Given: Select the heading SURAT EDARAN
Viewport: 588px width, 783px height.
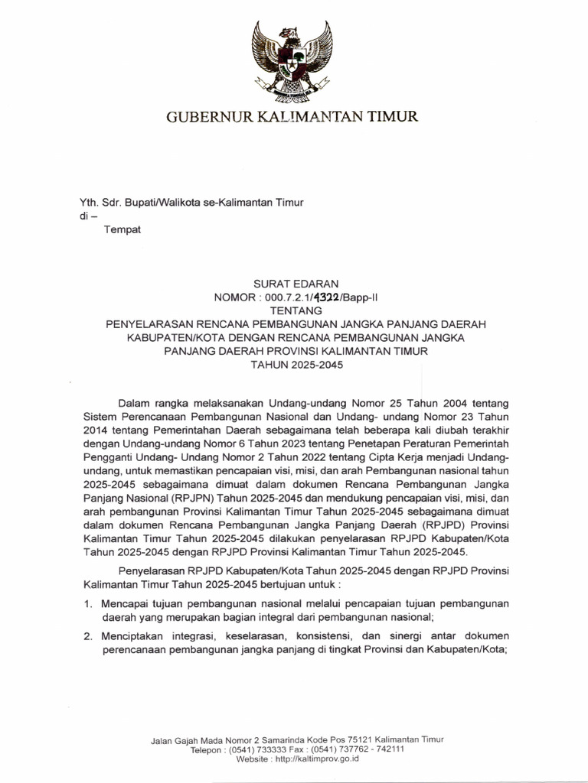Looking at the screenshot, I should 297,284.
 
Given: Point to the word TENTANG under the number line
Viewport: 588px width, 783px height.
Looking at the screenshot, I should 297,311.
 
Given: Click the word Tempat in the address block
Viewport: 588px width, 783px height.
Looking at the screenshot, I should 122,229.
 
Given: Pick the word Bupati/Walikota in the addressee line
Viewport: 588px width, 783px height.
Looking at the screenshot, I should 175,202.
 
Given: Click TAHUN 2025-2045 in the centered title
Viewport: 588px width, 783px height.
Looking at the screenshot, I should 297,365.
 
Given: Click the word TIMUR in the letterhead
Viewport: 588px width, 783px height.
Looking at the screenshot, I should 394,117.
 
